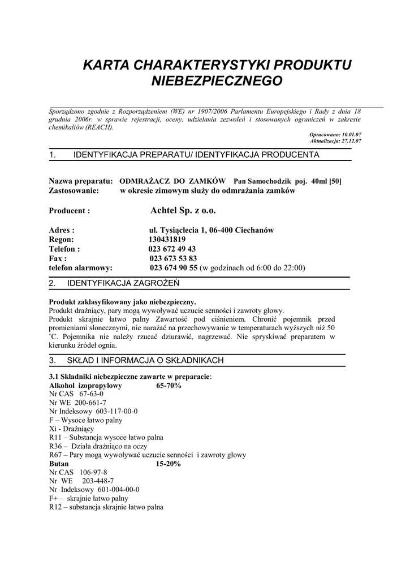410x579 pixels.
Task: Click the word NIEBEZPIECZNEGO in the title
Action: [217, 81]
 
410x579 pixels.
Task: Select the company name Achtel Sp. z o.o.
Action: [183, 210]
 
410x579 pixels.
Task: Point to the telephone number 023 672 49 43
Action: [172, 249]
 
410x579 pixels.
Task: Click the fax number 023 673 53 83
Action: [173, 258]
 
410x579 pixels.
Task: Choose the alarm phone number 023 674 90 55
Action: [174, 268]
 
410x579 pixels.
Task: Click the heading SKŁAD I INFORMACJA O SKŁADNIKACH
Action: [145, 360]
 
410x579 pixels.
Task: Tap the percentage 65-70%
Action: [168, 386]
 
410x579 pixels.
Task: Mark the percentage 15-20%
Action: [168, 464]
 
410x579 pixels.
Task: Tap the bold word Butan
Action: [59, 464]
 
